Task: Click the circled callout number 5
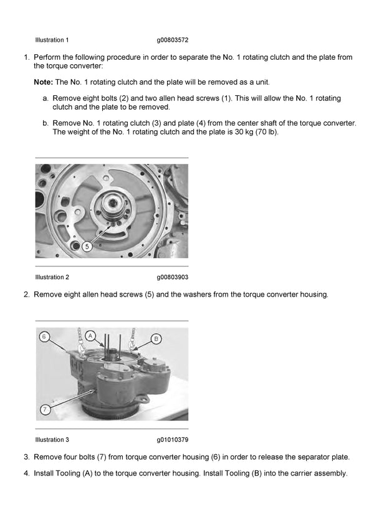[x=87, y=247]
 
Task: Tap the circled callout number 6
[x=44, y=337]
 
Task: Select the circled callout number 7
[x=45, y=409]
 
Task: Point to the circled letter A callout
[x=91, y=335]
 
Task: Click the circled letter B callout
[x=156, y=338]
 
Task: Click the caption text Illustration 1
[x=52, y=40]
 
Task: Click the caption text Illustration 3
[x=52, y=439]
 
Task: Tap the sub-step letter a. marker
[x=46, y=98]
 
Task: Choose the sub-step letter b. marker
[x=46, y=123]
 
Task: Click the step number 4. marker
[x=27, y=474]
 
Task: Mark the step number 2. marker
[x=27, y=294]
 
